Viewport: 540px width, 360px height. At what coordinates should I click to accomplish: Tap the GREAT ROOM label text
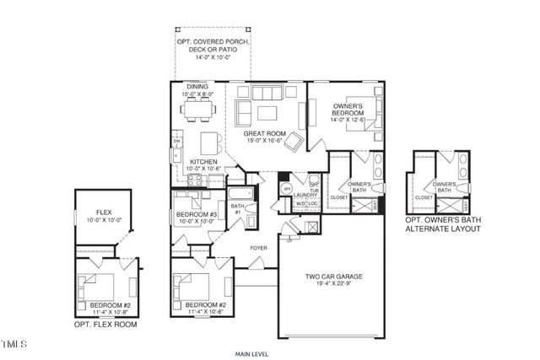click(x=262, y=133)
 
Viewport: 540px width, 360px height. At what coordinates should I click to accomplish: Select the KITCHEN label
click(x=204, y=161)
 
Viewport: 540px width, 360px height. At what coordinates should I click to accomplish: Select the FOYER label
click(x=257, y=248)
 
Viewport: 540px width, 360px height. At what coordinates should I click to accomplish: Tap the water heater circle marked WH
click(x=285, y=189)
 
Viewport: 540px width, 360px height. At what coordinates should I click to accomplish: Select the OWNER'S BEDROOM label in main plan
click(x=347, y=108)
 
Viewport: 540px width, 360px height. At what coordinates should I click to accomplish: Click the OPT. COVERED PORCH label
click(x=207, y=42)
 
